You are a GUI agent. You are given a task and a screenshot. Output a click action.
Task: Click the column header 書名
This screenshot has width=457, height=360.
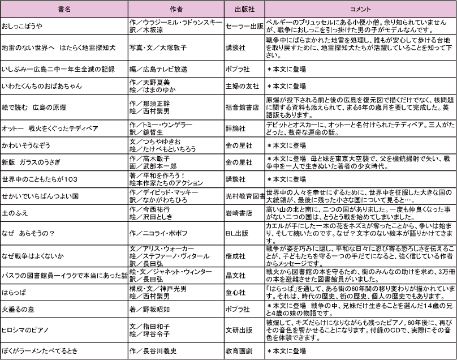[64, 9]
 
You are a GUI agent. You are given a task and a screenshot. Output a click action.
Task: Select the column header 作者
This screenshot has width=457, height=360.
[176, 9]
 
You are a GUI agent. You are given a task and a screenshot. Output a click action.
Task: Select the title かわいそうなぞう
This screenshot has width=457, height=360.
[25, 145]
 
